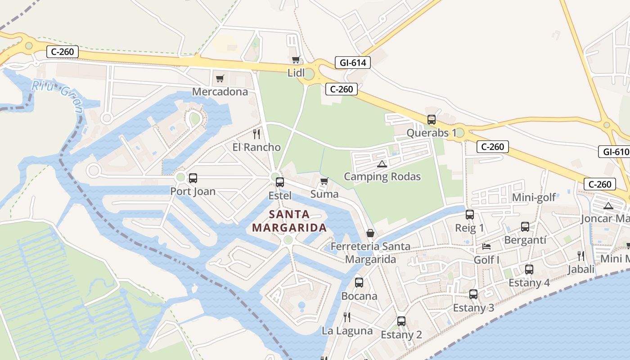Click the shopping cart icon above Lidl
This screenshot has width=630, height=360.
tap(296, 60)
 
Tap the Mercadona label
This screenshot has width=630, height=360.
tap(220, 92)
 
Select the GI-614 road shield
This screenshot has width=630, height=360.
tap(352, 63)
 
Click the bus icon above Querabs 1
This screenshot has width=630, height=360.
tap(432, 120)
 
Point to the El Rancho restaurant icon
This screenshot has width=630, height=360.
tap(256, 134)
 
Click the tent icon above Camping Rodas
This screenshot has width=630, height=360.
tap(382, 164)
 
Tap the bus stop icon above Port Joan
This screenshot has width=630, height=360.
tap(193, 178)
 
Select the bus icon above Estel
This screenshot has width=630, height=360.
tap(280, 182)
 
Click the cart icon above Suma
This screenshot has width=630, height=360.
tap(324, 181)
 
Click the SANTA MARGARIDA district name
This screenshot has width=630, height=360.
tap(289, 221)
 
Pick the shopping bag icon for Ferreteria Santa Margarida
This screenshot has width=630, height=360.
tap(370, 233)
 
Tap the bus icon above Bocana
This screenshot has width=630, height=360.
tap(359, 283)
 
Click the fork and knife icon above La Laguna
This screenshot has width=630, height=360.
tap(347, 317)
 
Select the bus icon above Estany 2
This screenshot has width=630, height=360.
tap(401, 321)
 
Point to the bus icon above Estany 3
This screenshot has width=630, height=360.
tap(473, 294)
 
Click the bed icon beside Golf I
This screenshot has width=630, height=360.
tap(486, 246)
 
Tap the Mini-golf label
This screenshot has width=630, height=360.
tap(534, 198)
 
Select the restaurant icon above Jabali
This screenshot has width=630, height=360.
tap(581, 256)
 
